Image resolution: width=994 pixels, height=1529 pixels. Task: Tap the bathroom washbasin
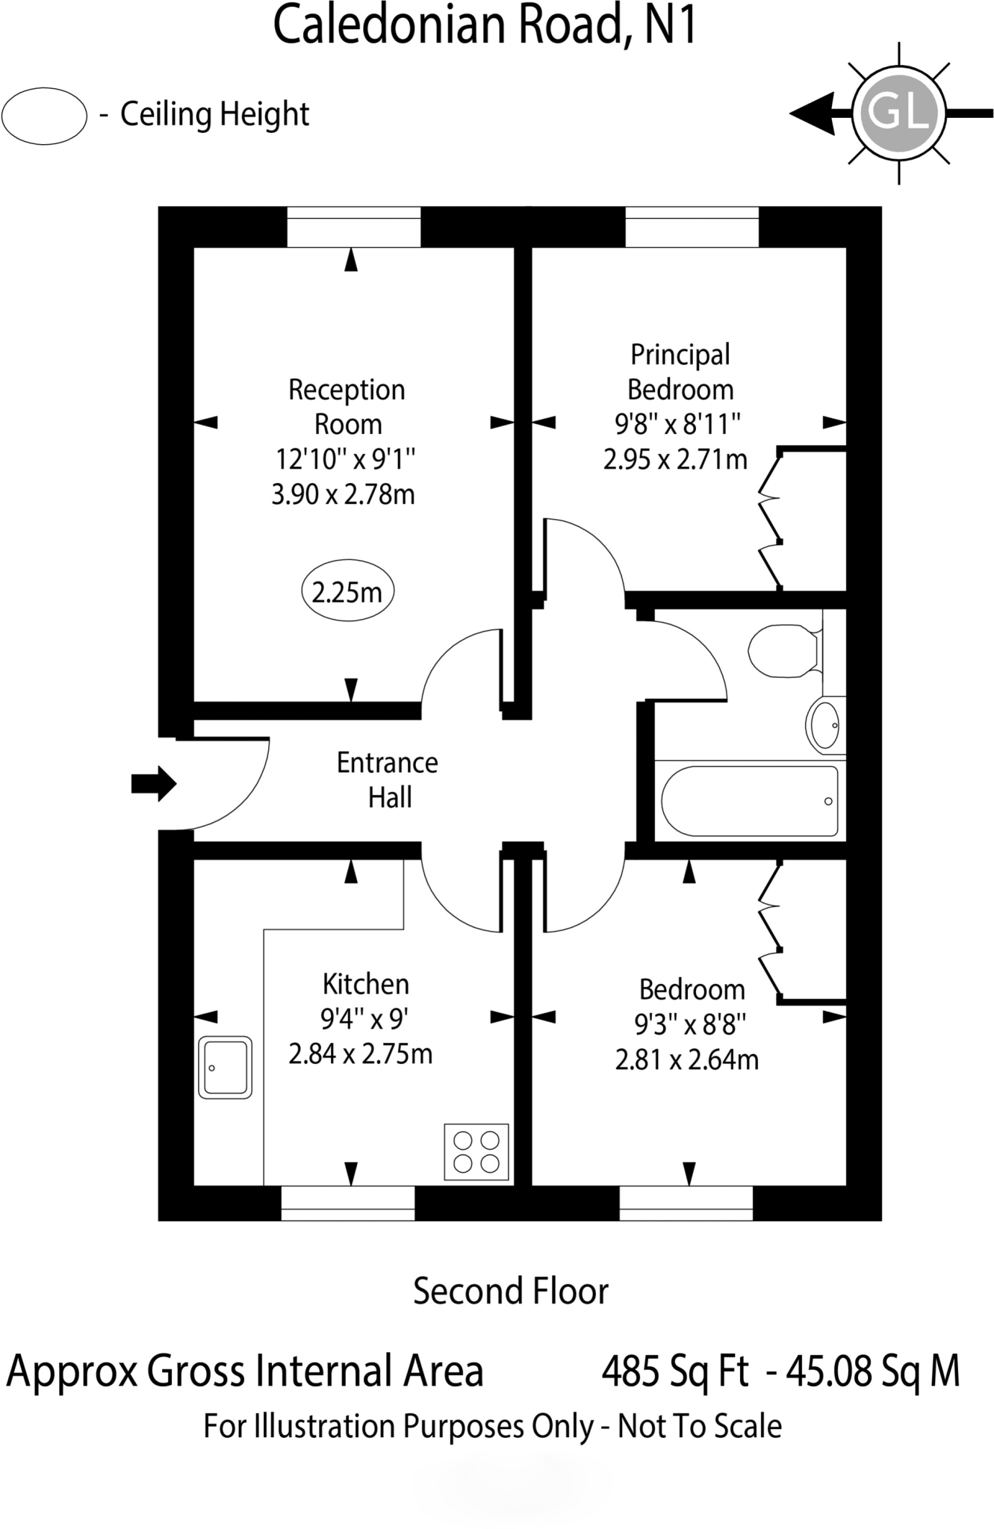(825, 725)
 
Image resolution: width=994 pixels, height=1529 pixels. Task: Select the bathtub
(749, 801)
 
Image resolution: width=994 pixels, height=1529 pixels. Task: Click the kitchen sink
(225, 1067)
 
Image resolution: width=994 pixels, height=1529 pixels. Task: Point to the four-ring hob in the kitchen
(476, 1152)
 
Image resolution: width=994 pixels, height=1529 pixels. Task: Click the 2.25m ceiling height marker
(347, 593)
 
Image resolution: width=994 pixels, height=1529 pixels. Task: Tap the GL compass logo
(899, 113)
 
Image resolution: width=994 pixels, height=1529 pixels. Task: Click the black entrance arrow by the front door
(153, 783)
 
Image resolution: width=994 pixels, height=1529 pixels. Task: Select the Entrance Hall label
(388, 780)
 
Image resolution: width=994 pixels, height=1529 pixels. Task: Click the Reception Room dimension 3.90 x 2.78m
(343, 494)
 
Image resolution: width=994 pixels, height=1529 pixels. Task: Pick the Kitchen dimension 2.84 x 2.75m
(360, 1054)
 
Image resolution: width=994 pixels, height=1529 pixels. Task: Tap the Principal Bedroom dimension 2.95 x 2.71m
(675, 459)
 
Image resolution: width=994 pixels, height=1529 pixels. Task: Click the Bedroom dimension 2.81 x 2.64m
(686, 1059)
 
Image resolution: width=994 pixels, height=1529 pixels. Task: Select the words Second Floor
(511, 1291)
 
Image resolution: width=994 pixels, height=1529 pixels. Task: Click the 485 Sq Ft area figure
(675, 1371)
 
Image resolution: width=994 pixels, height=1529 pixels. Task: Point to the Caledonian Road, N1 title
(485, 25)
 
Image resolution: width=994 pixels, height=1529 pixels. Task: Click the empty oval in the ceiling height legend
(45, 116)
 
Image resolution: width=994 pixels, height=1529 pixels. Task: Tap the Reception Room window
(353, 226)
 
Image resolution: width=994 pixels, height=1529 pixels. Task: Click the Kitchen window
(347, 1203)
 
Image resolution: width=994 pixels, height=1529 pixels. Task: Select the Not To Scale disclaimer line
(492, 1426)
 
